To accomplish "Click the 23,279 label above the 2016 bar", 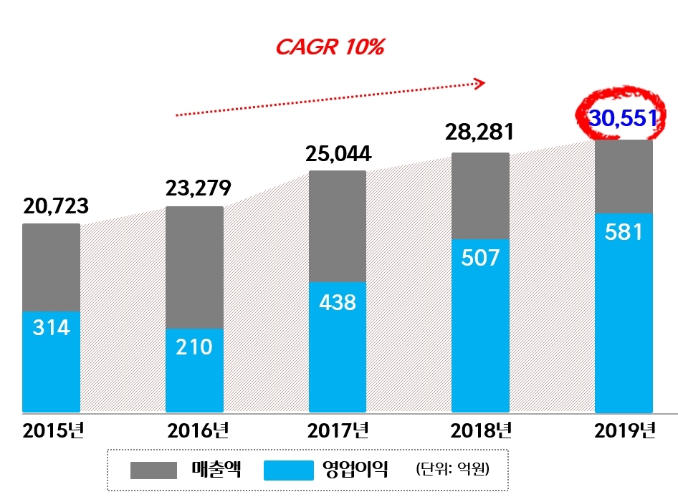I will tap(198, 189).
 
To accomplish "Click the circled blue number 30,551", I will tap(622, 117).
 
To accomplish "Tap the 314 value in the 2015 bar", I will tap(51, 328).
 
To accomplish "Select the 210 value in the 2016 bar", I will tap(194, 347).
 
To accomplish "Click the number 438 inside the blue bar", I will tap(337, 302).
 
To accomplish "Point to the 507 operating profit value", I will tap(480, 258).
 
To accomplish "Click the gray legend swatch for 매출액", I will tap(153, 470).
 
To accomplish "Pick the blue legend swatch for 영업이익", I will tap(289, 470).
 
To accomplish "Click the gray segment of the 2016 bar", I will tap(194, 267).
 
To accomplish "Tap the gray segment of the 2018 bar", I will tap(480, 196).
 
